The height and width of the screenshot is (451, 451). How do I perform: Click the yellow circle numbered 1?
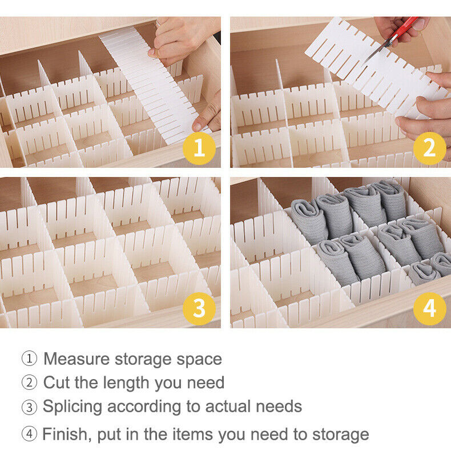(x=199, y=148)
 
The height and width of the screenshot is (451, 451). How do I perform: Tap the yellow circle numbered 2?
(x=430, y=148)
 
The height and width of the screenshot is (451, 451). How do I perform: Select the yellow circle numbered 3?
(x=199, y=309)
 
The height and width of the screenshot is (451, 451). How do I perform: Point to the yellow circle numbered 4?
(x=430, y=309)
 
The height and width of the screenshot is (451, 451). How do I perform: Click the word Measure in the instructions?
(x=76, y=359)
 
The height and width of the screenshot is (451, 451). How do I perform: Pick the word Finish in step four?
(x=67, y=434)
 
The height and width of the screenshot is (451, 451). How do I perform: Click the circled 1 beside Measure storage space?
(x=29, y=359)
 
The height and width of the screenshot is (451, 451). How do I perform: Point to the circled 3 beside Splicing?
(x=29, y=407)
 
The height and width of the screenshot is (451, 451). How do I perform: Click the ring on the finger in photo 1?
(x=159, y=23)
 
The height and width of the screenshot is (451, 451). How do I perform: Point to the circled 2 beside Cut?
(x=29, y=382)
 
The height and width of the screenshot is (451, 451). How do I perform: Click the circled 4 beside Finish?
(x=29, y=434)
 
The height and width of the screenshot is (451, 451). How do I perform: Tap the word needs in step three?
(x=279, y=407)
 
